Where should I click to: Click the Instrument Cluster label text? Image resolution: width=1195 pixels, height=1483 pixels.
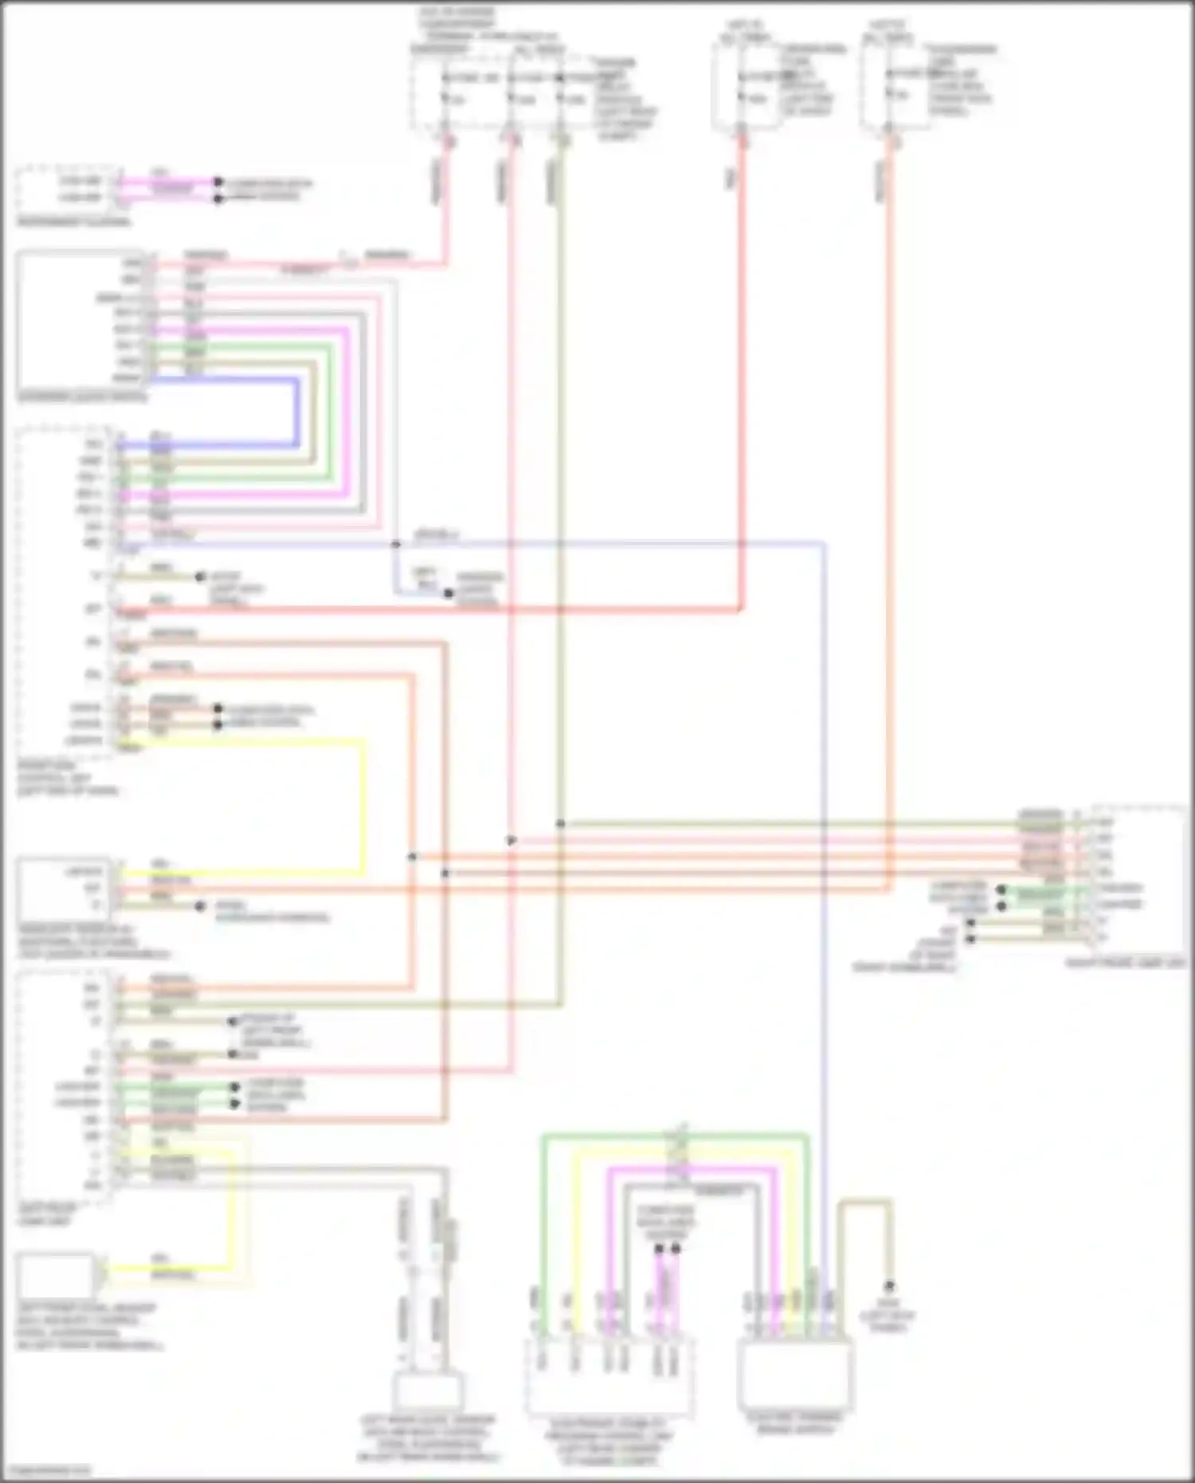point(74,222)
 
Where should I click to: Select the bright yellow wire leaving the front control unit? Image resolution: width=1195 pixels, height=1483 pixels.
point(364,805)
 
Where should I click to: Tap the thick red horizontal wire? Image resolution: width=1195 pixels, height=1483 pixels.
point(430,610)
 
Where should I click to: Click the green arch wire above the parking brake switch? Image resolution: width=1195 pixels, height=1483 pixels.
point(674,1134)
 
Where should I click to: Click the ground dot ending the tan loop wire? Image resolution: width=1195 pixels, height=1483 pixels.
point(889,1285)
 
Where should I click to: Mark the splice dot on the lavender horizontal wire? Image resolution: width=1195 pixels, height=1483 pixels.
point(396,544)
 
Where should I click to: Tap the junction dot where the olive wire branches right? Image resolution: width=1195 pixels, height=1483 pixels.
point(561,823)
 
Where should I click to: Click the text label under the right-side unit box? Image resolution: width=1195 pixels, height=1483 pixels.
point(1126,963)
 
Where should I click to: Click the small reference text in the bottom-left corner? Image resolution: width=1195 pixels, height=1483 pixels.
point(46,1470)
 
